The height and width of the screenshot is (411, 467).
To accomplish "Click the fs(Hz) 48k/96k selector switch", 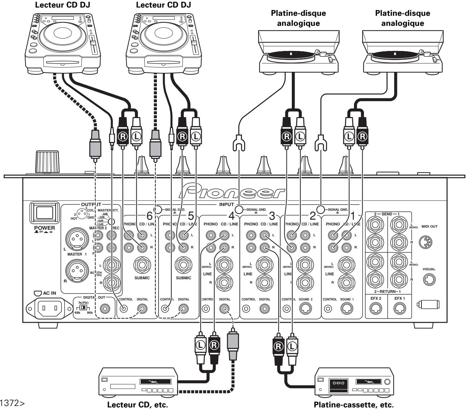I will coord(83,308).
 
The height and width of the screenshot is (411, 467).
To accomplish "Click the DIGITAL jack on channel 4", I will coord(224,308).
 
